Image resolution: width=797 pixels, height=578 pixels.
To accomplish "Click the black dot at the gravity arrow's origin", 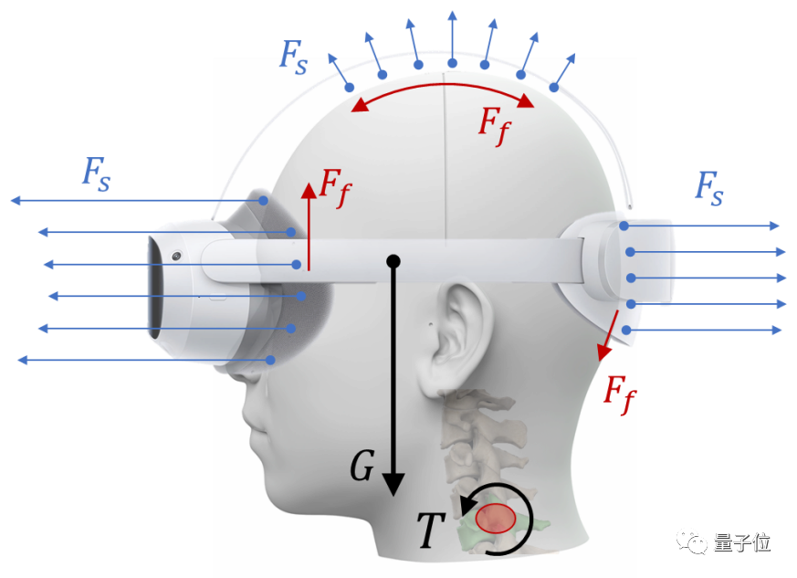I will [x=393, y=262].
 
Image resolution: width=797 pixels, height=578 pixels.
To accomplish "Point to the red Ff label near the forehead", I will [x=333, y=187].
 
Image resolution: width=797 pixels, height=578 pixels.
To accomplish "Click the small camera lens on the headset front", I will [x=174, y=256].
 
